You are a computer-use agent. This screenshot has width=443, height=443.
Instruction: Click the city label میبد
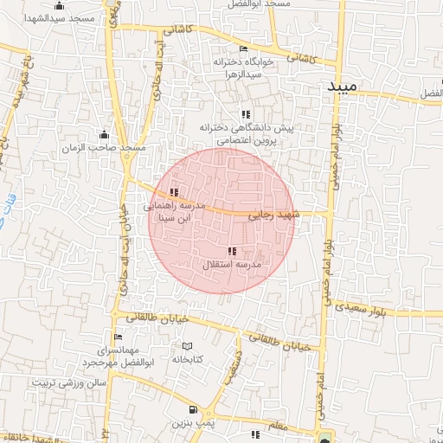click(x=348, y=88)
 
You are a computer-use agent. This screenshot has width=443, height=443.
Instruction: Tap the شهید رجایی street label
click(x=273, y=213)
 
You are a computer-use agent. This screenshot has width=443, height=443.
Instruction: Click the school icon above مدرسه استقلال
click(x=231, y=251)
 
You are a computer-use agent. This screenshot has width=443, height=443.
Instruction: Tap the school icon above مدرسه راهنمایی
click(x=175, y=192)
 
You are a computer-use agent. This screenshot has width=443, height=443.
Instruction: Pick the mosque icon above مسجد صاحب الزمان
click(x=105, y=134)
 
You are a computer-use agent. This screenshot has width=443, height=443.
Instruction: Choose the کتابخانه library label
click(x=187, y=358)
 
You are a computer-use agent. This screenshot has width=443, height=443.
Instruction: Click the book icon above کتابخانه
click(x=187, y=346)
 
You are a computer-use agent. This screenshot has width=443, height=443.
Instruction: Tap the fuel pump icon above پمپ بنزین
click(x=192, y=410)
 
